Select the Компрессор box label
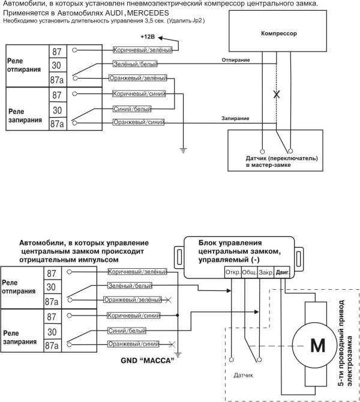point(280,35)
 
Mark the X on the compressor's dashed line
point(276,95)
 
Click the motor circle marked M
point(316,346)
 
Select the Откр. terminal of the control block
point(232,272)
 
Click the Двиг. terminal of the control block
point(283,272)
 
